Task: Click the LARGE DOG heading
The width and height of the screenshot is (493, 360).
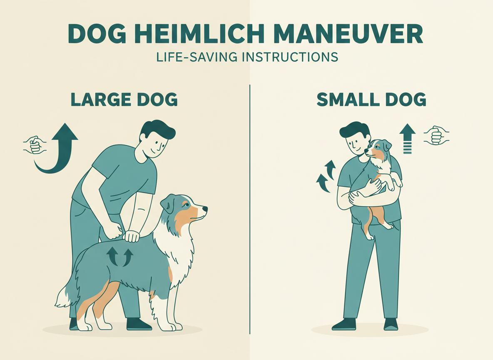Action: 124,100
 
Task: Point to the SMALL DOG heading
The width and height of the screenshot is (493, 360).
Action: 371,100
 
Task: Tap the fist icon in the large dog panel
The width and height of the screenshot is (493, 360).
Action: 35,145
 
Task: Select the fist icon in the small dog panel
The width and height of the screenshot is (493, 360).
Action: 436,135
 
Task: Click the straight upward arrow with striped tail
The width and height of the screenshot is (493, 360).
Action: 407,138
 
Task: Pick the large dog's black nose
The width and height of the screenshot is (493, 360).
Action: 205,208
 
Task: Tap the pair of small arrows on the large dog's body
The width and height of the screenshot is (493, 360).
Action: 120,256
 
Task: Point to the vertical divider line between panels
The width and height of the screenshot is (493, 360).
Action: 250,208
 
